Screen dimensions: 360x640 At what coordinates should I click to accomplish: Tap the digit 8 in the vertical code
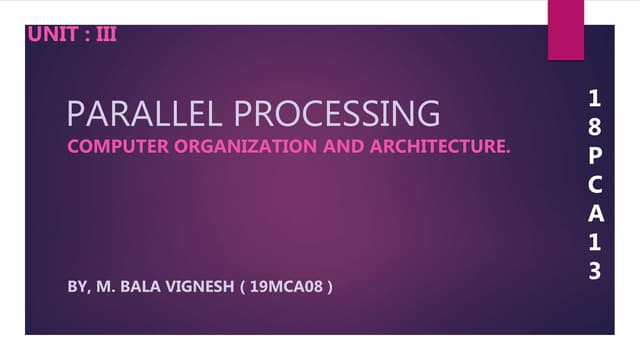click(x=596, y=127)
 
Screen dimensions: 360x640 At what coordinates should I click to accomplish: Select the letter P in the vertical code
click(x=596, y=156)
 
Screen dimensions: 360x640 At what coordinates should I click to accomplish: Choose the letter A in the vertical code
click(x=596, y=213)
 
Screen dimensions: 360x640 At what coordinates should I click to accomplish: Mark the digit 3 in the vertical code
click(x=596, y=270)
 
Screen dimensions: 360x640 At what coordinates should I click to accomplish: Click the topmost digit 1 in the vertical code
click(x=596, y=99)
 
